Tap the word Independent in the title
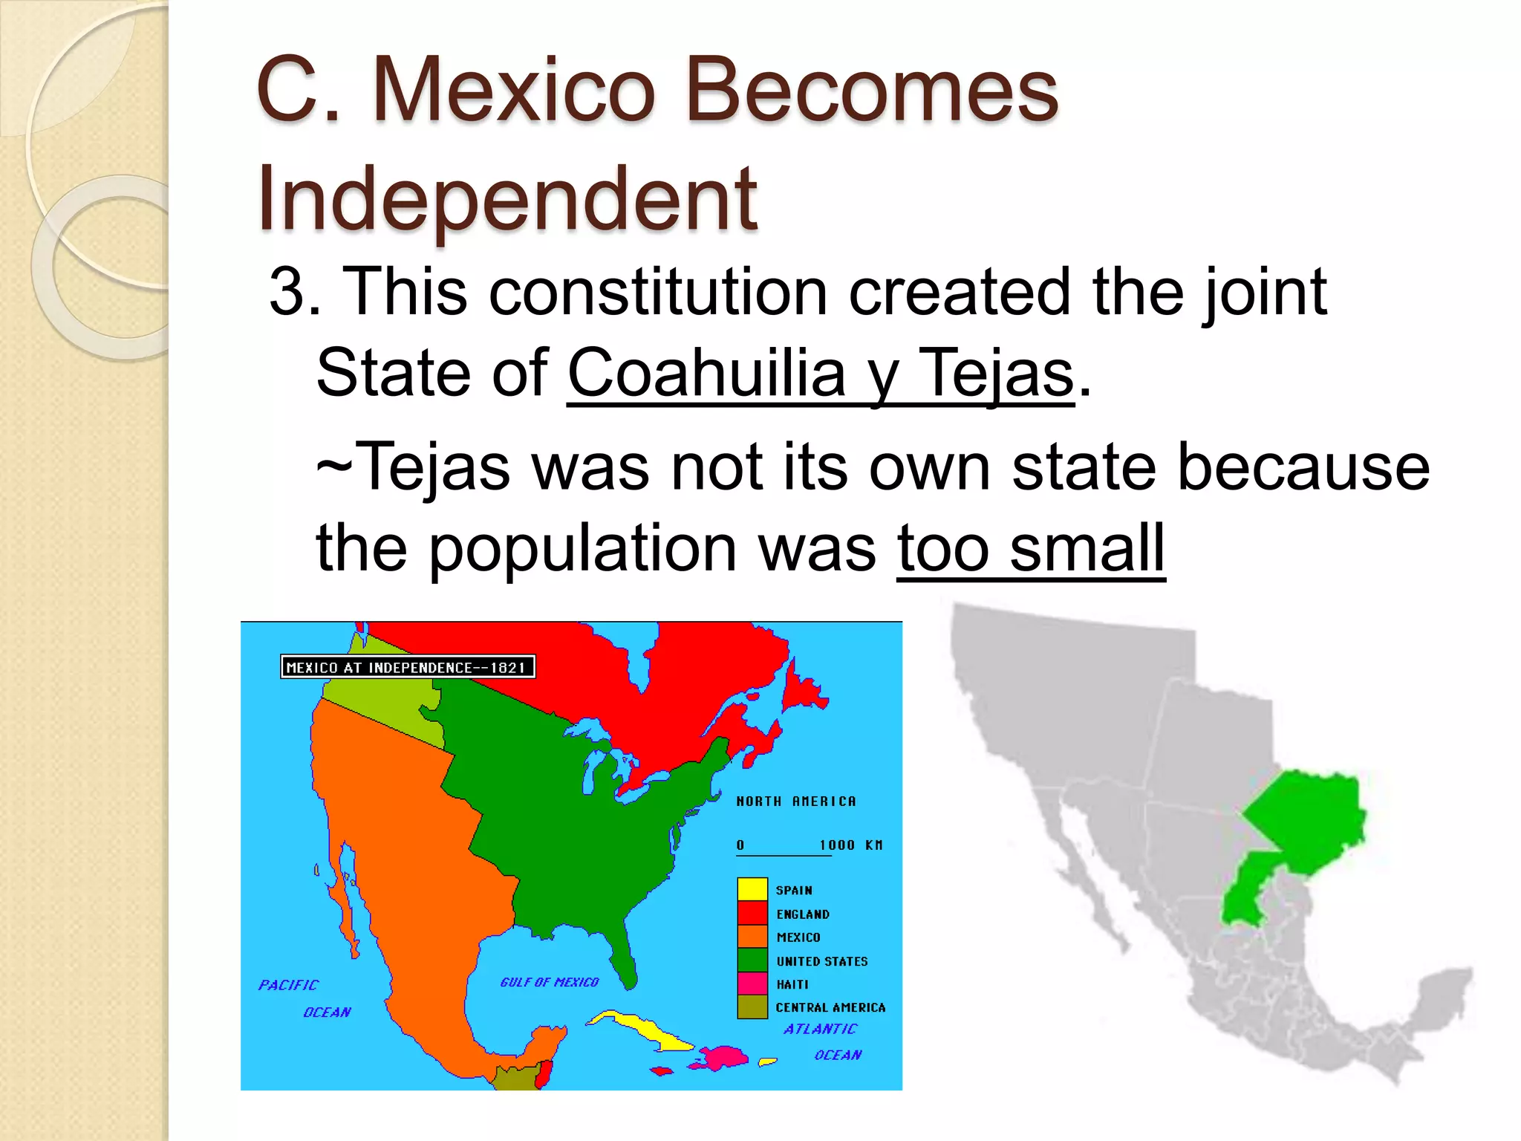(x=507, y=199)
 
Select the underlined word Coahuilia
(x=706, y=373)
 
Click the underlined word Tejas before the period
(x=996, y=373)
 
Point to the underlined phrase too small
(x=1031, y=548)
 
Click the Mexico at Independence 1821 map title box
(x=407, y=667)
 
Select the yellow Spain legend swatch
(x=752, y=889)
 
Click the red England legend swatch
(x=752, y=913)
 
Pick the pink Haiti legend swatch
(x=752, y=984)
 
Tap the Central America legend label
(x=830, y=1007)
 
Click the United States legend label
(x=821, y=961)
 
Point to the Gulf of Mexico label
(x=549, y=982)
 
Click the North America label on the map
(x=795, y=802)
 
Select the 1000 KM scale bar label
(x=850, y=845)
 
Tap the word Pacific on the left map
(x=288, y=985)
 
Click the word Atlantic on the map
(x=820, y=1029)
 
